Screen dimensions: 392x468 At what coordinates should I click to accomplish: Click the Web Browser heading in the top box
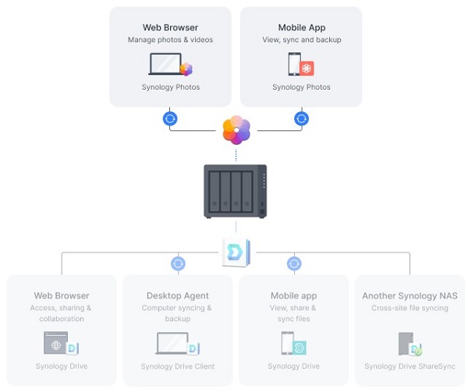point(170,26)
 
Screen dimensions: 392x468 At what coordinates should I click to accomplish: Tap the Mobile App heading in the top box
point(301,26)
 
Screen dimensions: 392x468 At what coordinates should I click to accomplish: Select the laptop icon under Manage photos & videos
point(165,64)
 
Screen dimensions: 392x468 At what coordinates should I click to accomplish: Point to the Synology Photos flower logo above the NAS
point(236,129)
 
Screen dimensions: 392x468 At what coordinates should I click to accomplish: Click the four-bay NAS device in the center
point(235,191)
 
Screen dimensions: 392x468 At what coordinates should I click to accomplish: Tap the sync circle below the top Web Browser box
point(170,119)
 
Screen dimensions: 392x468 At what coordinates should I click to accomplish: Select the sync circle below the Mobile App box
point(301,119)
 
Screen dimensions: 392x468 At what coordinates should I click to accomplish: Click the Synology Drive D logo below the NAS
point(235,253)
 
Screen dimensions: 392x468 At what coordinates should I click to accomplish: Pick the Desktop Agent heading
point(179,295)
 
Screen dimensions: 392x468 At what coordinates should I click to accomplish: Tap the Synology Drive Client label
point(179,366)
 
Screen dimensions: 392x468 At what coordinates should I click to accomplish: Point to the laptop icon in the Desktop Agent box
point(172,344)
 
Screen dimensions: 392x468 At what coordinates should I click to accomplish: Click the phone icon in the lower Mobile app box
point(289,344)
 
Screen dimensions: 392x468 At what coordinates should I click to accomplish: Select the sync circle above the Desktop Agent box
point(178,263)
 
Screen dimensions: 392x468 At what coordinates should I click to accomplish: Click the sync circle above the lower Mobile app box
point(294,263)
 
